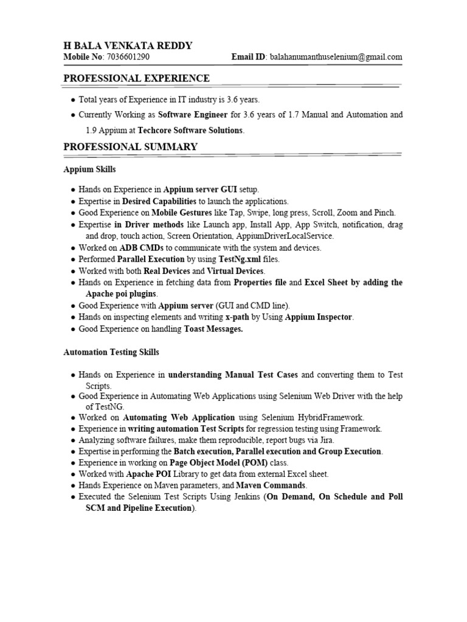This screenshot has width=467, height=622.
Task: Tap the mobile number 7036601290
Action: [x=128, y=57]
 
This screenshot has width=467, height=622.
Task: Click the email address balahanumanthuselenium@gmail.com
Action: [x=335, y=57]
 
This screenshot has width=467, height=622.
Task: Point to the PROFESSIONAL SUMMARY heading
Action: [x=130, y=146]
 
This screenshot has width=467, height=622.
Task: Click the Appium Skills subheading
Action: [x=89, y=169]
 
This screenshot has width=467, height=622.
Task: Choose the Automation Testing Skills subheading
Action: [x=111, y=352]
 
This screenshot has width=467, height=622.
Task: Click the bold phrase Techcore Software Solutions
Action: [x=190, y=130]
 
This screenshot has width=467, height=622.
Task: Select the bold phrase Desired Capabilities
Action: [x=159, y=201]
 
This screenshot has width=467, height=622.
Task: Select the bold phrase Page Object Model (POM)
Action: [x=202, y=462]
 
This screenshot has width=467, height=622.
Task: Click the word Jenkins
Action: [x=244, y=496]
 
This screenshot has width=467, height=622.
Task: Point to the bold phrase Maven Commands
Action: [x=271, y=485]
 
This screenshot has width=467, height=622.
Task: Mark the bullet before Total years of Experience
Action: [x=73, y=99]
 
